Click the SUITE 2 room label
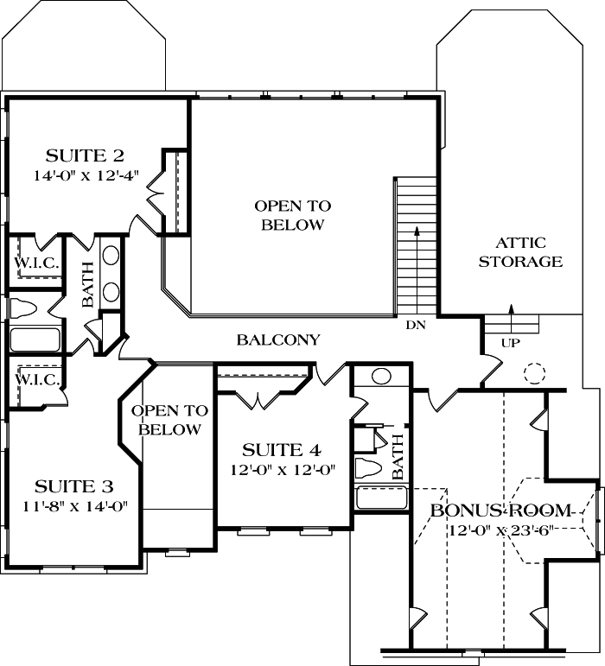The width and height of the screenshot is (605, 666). click(x=85, y=156)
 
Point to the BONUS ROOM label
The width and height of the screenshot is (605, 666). click(x=501, y=510)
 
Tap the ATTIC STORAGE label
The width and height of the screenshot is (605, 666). click(x=520, y=252)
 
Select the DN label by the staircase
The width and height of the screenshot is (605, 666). click(x=415, y=326)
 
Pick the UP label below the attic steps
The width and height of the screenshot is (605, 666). click(x=511, y=343)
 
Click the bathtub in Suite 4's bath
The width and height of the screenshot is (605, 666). click(x=381, y=498)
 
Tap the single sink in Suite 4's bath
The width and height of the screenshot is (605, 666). click(x=380, y=377)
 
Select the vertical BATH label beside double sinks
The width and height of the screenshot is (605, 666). click(x=87, y=286)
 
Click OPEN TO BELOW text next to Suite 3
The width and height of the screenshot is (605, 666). click(x=169, y=419)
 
